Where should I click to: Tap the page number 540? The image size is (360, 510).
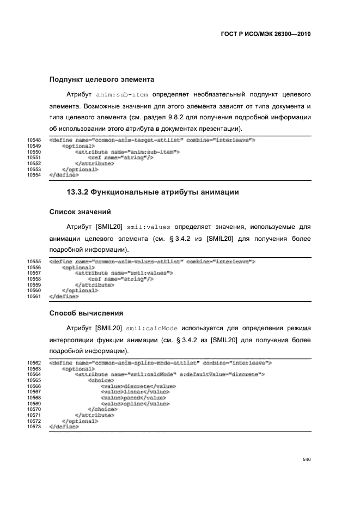click(x=306, y=460)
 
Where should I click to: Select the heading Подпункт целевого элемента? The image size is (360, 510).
click(x=102, y=80)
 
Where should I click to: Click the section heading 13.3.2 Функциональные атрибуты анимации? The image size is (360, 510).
click(x=153, y=192)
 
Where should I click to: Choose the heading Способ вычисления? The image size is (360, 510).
click(x=86, y=313)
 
